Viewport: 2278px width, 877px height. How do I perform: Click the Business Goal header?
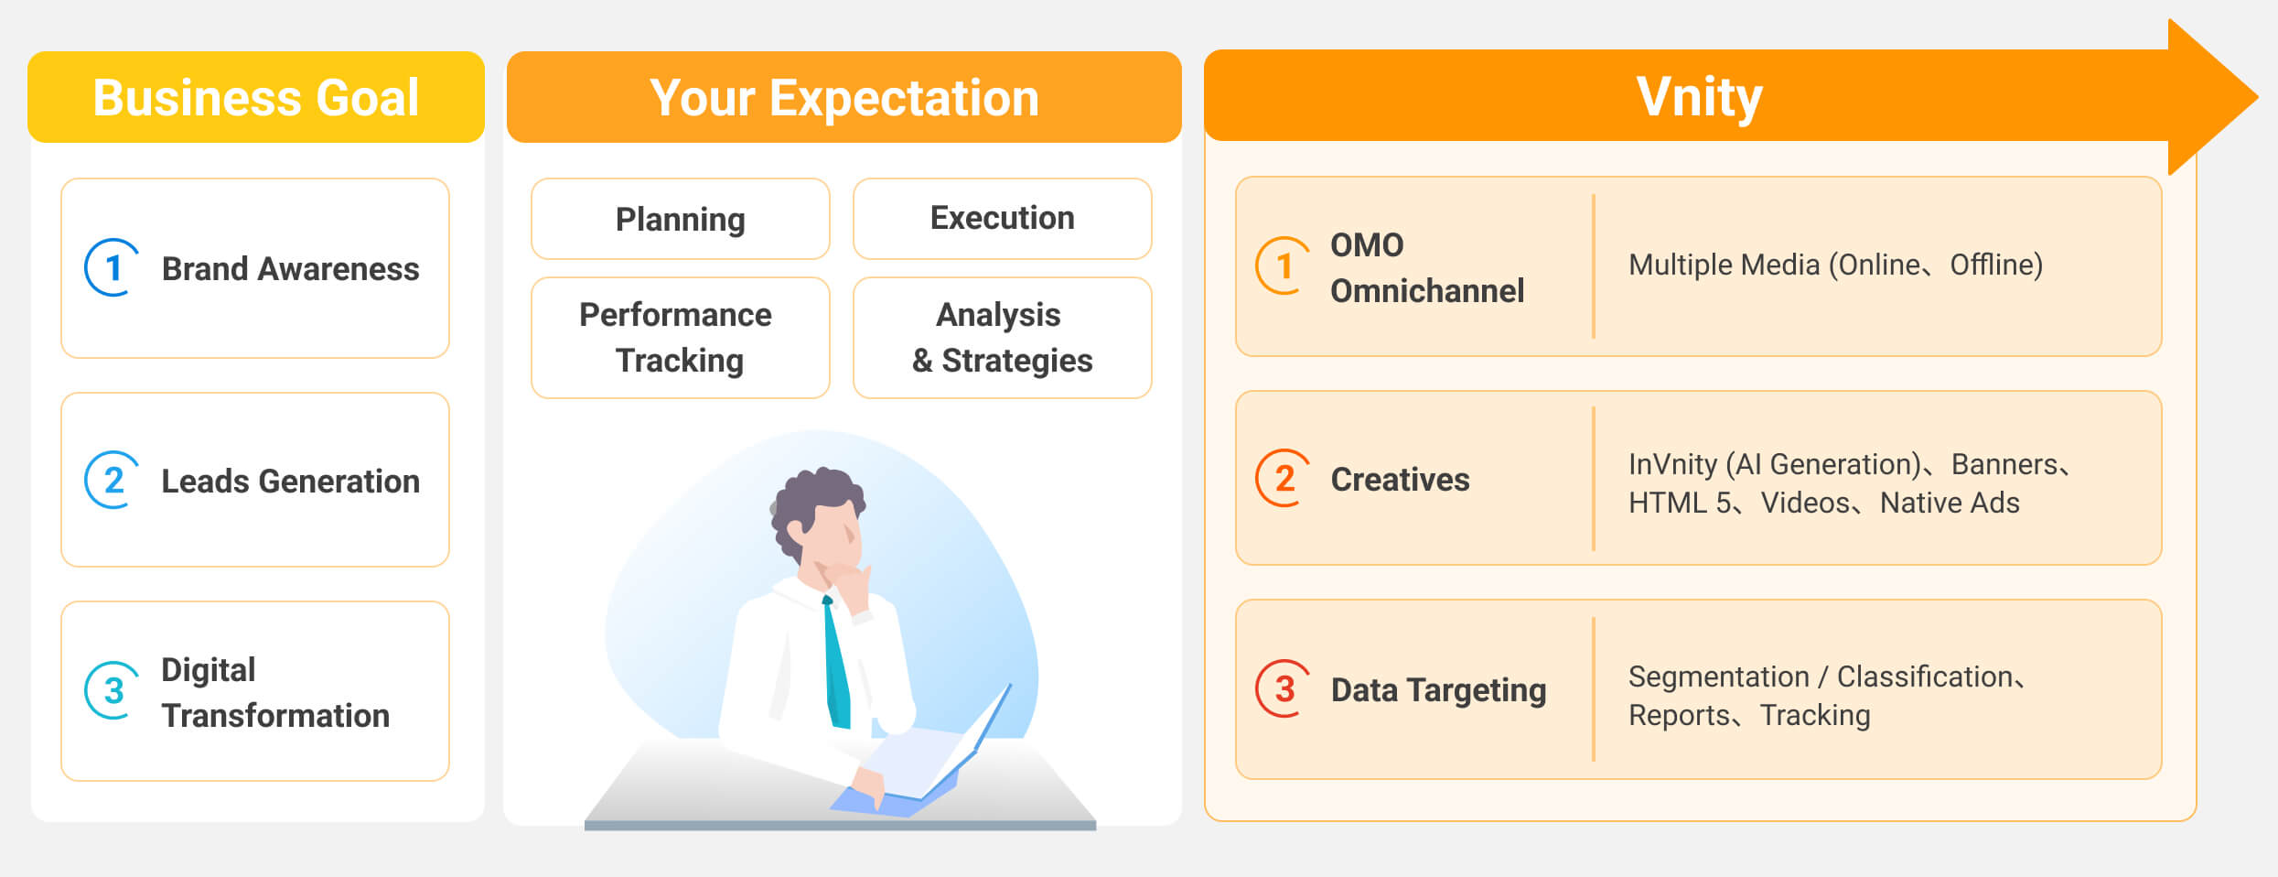[x=256, y=97]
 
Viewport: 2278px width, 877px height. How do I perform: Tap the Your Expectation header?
[x=844, y=97]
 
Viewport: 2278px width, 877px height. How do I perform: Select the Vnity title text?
[x=1699, y=97]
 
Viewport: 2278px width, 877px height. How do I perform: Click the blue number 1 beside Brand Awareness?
[x=113, y=268]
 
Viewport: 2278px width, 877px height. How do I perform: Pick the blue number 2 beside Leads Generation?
[x=113, y=480]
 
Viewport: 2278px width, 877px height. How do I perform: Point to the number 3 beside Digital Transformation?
[x=113, y=690]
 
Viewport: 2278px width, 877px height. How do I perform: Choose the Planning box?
[x=681, y=219]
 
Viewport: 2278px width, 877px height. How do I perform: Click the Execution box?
[x=1003, y=219]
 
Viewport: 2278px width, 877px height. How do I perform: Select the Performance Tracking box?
[x=681, y=338]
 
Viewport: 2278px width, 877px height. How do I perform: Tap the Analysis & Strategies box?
[x=1003, y=338]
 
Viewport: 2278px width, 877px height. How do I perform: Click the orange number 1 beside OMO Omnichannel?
[x=1284, y=266]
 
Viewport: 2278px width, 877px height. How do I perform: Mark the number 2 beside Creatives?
[x=1284, y=478]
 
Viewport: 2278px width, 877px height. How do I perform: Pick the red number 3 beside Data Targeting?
[x=1284, y=688]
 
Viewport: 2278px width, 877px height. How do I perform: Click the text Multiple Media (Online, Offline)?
[x=1835, y=265]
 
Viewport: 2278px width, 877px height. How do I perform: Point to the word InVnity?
[x=1672, y=464]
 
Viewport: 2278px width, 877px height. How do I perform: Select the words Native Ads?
[x=1950, y=503]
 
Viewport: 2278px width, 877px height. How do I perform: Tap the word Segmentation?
[x=1719, y=677]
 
